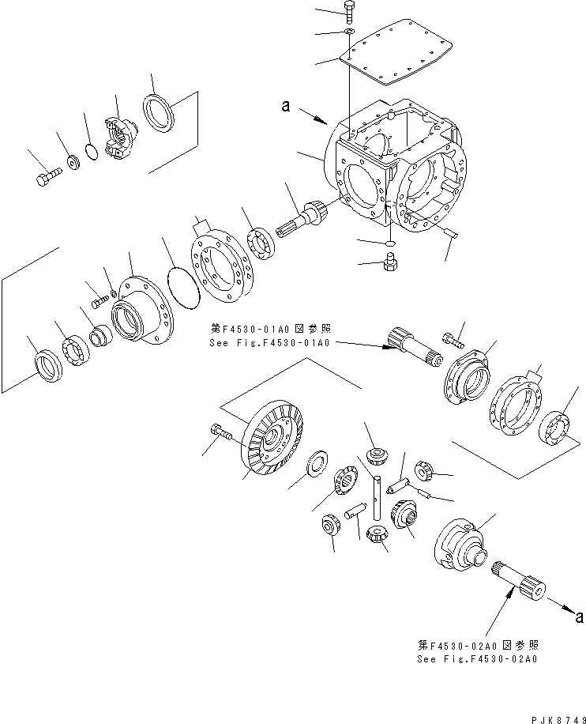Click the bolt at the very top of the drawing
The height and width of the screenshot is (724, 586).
349,10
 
